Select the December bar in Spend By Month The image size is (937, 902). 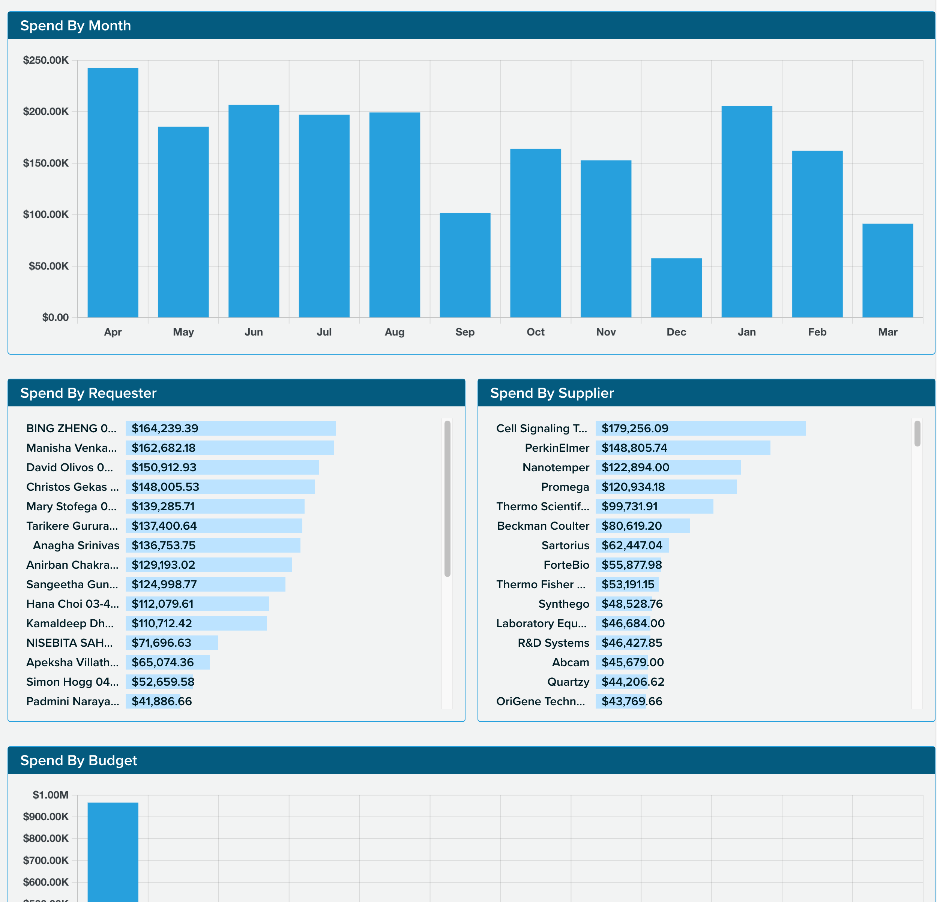676,288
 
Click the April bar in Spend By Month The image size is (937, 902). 113,193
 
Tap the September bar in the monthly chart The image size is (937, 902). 465,265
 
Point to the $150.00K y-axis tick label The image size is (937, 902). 46,163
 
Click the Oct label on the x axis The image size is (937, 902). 535,332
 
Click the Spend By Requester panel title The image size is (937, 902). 89,393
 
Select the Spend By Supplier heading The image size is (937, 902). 552,393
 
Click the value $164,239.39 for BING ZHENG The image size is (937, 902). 165,429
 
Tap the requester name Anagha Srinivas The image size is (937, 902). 76,545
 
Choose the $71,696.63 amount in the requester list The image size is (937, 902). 161,643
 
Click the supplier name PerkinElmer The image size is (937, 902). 557,448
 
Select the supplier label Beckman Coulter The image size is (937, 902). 543,526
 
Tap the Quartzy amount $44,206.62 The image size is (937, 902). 633,682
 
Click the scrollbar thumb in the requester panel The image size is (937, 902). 447,498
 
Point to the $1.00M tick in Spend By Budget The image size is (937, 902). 50,795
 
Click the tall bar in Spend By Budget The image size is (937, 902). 113,855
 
